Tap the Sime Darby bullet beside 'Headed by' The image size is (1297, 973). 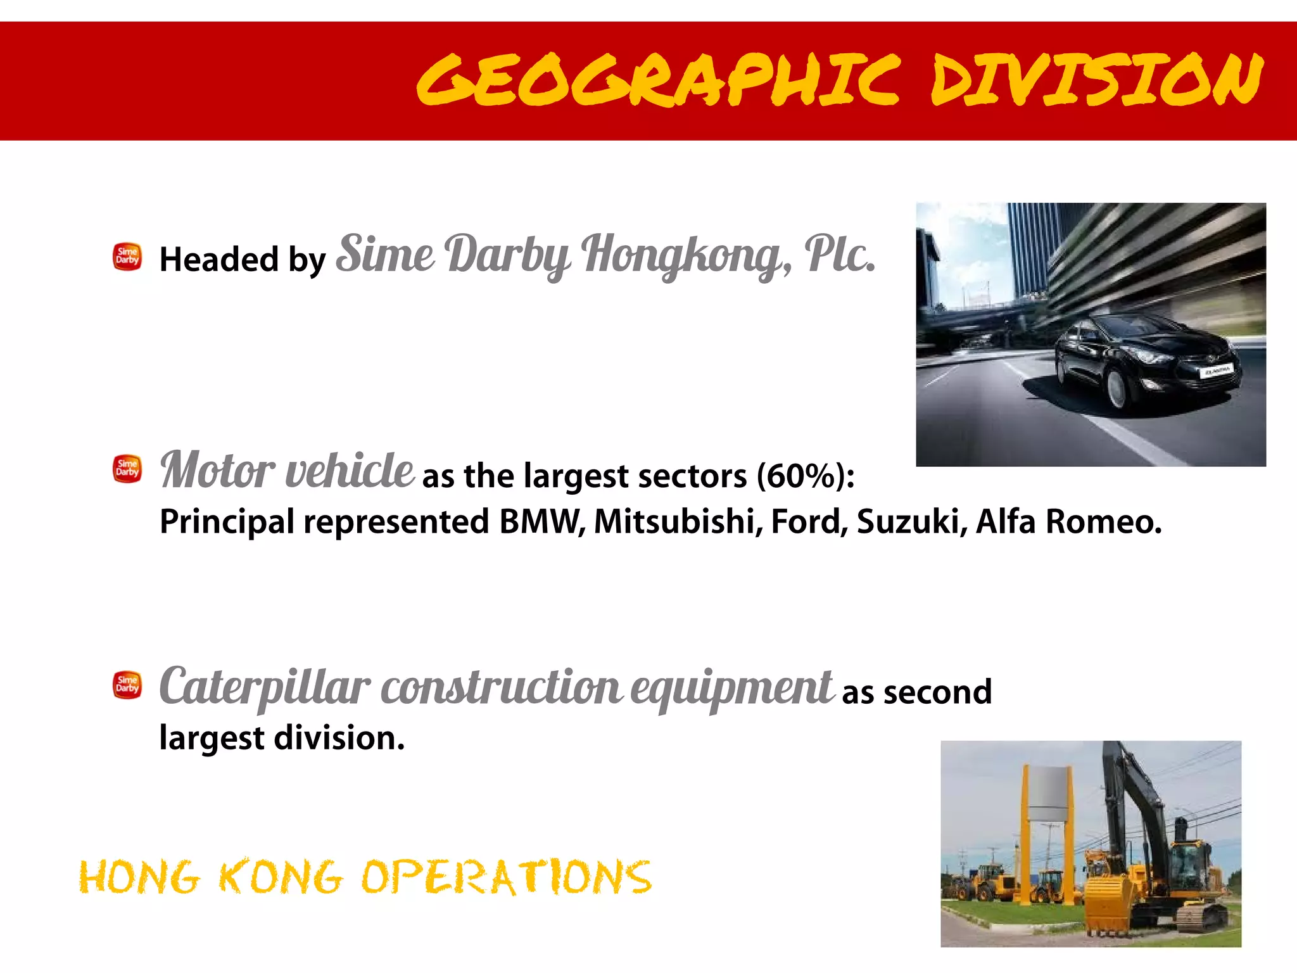[127, 257]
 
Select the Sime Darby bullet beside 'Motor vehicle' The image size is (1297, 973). [127, 469]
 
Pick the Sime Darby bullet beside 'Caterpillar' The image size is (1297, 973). [127, 685]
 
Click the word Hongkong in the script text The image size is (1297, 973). [686, 255]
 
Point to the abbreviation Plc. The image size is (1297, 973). [840, 254]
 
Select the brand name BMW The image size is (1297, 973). [541, 522]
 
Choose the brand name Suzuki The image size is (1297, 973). [911, 522]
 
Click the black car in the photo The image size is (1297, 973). [1146, 361]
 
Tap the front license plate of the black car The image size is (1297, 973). [1217, 372]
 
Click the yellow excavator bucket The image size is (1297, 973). [1108, 903]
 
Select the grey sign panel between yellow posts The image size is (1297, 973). [1046, 794]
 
